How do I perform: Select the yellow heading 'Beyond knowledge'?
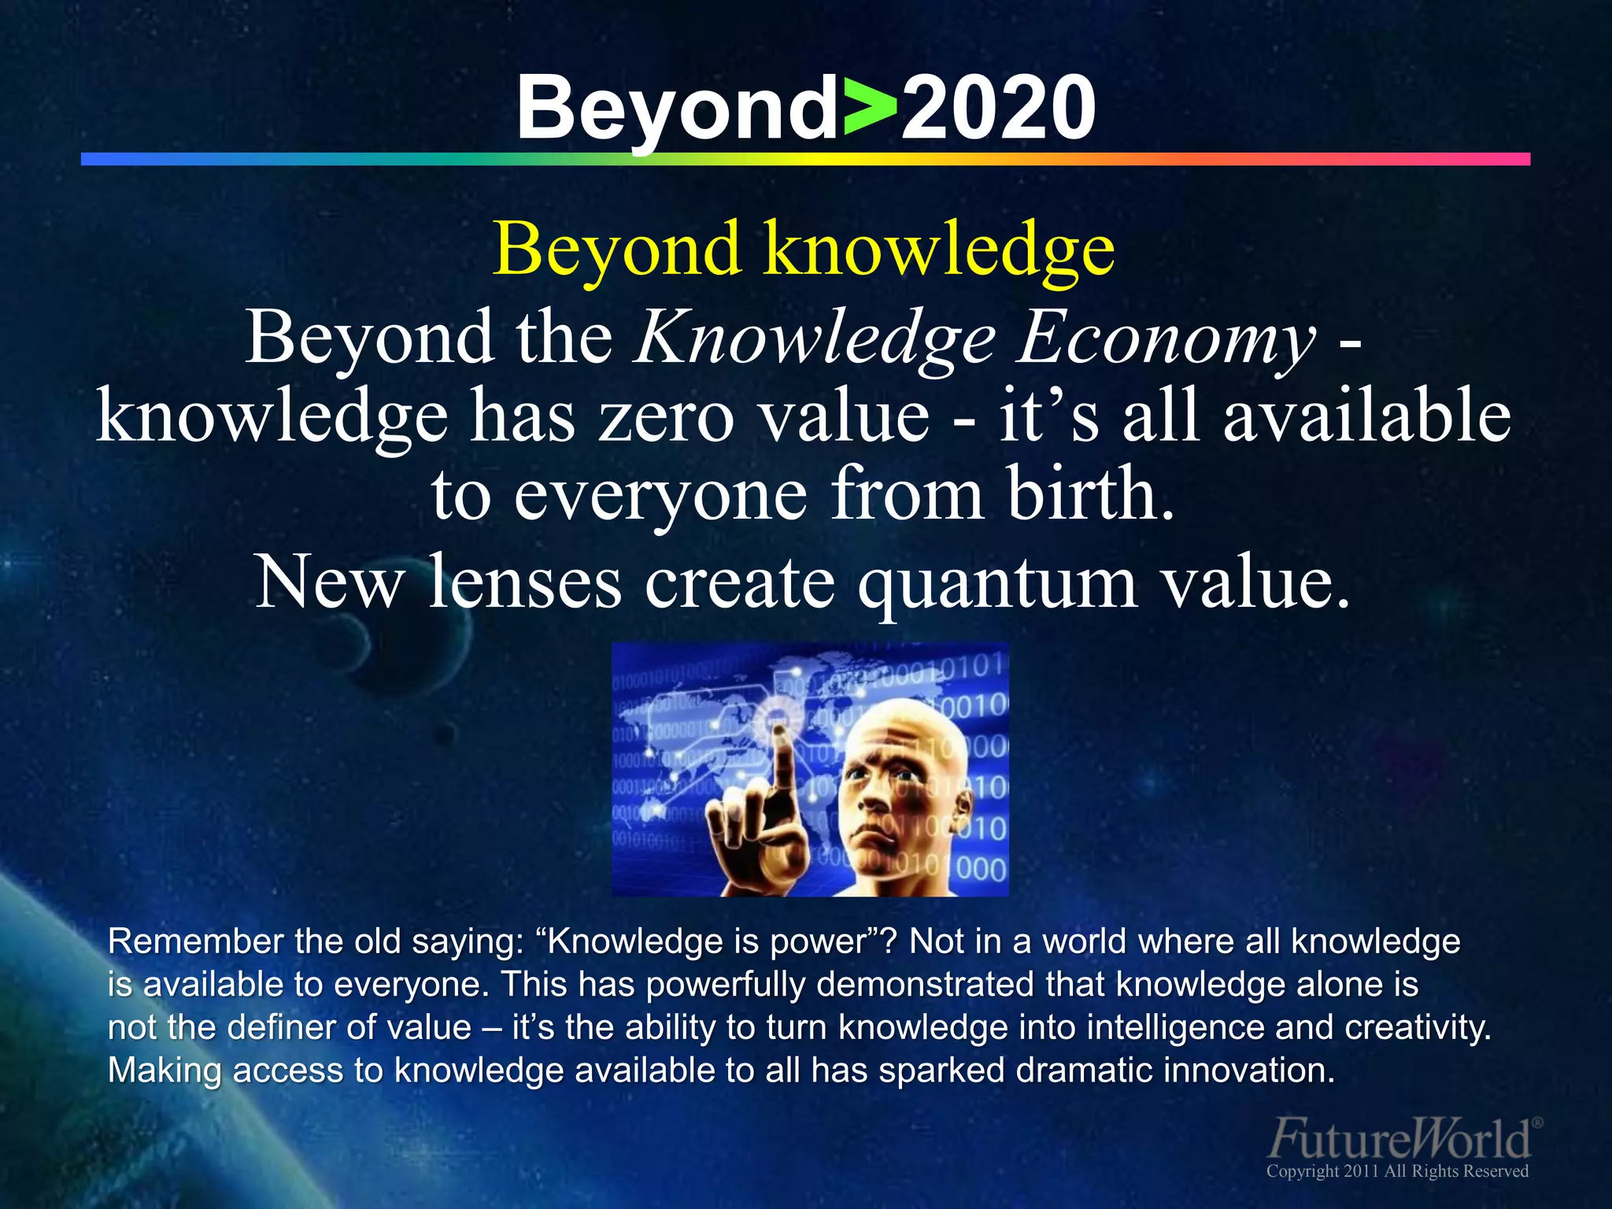804,250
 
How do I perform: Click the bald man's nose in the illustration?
874,803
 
